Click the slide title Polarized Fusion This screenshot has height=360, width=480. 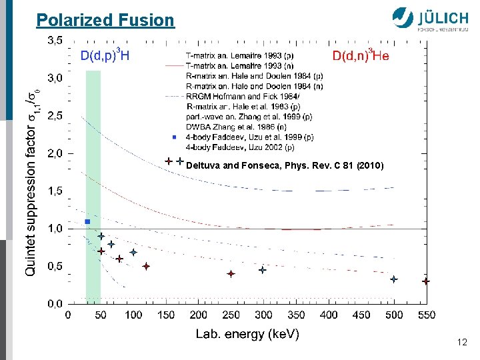pyautogui.click(x=105, y=20)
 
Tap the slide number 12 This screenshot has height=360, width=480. pyautogui.click(x=462, y=342)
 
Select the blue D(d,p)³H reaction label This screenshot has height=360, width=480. pyautogui.click(x=105, y=55)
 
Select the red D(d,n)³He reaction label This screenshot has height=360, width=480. pyautogui.click(x=361, y=55)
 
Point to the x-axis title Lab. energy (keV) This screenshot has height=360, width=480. pyautogui.click(x=247, y=334)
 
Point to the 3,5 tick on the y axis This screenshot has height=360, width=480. pyautogui.click(x=55, y=40)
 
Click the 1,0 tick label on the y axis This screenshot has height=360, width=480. pyautogui.click(x=55, y=229)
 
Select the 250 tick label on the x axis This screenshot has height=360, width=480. pyautogui.click(x=231, y=315)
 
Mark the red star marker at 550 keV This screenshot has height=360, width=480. pyautogui.click(x=426, y=281)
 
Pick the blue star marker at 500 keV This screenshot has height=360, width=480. pyautogui.click(x=394, y=279)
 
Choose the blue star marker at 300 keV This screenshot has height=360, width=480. pyautogui.click(x=263, y=270)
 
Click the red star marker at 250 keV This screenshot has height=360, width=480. pyautogui.click(x=231, y=274)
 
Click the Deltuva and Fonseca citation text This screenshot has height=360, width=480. pyautogui.click(x=285, y=165)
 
